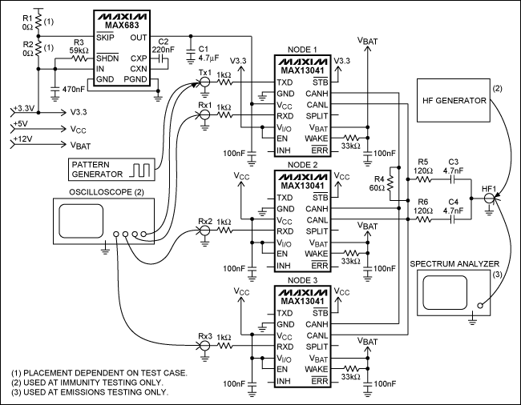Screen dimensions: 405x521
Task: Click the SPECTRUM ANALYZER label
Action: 454,263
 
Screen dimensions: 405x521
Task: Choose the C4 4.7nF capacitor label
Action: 453,206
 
